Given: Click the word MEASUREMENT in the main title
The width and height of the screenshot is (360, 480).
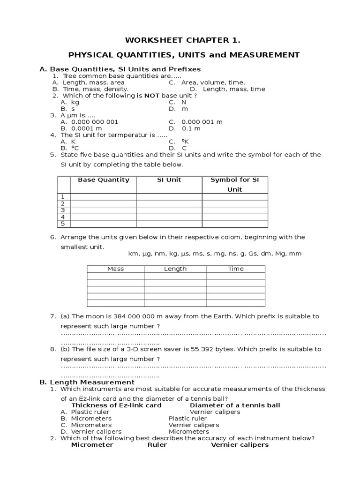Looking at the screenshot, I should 264,54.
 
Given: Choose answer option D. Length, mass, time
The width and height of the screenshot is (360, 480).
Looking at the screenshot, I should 227,89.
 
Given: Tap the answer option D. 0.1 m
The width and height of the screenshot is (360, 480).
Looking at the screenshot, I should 185,128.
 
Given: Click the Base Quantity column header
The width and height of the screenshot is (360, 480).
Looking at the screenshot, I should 103,180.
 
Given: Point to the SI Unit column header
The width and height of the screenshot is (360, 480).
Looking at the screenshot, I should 169,180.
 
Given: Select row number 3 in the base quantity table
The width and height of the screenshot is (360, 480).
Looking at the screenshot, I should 63,210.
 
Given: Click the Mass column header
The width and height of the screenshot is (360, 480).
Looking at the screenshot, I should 115,269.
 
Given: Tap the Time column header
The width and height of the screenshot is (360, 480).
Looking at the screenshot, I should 236,269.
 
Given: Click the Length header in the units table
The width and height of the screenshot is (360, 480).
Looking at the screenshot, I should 175,269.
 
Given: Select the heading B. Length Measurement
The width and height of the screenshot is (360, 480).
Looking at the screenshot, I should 87,382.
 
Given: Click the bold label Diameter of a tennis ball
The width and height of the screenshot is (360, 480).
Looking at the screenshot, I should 235,405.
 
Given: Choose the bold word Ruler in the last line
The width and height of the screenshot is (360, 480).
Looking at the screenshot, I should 157,444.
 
